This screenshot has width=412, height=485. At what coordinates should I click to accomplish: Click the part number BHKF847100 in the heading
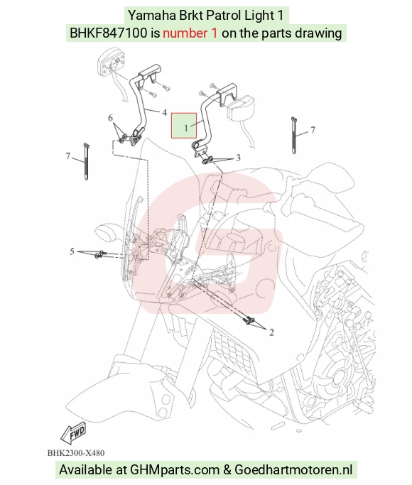pos(109,33)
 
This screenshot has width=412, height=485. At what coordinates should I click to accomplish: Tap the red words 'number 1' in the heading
pos(190,33)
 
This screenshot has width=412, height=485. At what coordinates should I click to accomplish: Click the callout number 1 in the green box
pos(186,127)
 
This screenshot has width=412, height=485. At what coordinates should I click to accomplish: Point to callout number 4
pos(164,113)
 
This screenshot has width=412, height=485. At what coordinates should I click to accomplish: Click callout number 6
pos(110,118)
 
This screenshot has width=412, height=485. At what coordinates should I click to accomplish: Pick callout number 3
pos(238,158)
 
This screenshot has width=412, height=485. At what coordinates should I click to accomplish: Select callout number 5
pos(72,251)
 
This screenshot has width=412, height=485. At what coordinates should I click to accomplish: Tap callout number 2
pos(271,332)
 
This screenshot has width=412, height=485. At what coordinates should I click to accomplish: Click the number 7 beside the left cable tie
pos(68,156)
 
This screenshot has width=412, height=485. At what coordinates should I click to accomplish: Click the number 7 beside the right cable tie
pos(313,130)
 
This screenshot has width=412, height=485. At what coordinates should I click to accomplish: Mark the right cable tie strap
pos(294,135)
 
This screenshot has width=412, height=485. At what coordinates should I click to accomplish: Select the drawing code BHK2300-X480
pos(76,453)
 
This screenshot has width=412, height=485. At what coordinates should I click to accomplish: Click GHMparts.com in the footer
pos(174,469)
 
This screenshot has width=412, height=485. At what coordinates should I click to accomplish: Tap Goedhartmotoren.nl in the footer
pos(293,469)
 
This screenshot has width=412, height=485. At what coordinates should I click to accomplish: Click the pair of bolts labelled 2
pos(249,320)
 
